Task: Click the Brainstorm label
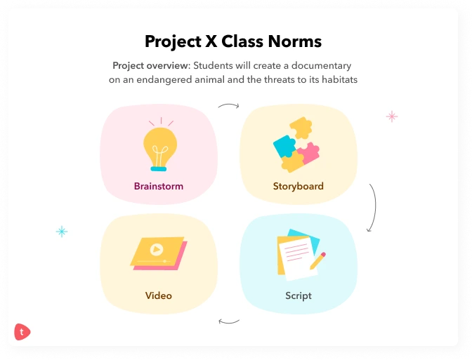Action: (x=159, y=186)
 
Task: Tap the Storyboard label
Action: (x=299, y=186)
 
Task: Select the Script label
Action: (x=299, y=295)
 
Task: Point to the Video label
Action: (x=159, y=295)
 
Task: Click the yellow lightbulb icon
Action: (x=159, y=144)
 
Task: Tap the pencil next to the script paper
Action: (x=317, y=262)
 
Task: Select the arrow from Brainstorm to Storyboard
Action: (x=228, y=106)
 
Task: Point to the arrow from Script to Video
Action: (x=229, y=321)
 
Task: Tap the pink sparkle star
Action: (x=392, y=116)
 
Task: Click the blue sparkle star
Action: (x=62, y=232)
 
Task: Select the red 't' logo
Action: (x=22, y=332)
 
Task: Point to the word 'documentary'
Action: (x=323, y=66)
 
